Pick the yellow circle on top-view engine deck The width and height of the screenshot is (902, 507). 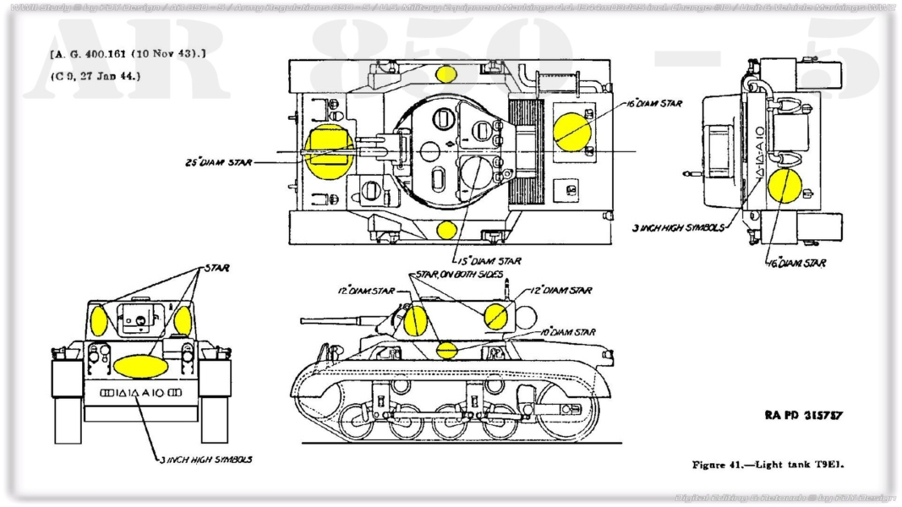pos(572,130)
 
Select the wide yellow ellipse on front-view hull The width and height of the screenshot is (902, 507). pos(138,366)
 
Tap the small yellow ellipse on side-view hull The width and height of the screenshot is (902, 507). pos(446,349)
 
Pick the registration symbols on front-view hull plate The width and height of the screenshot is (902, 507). pos(137,393)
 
